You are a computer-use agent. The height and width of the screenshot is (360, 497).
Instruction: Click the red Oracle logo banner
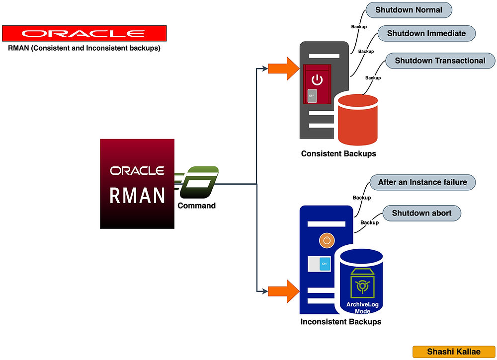pos(84,34)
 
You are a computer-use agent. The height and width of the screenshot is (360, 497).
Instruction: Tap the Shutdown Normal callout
pos(409,10)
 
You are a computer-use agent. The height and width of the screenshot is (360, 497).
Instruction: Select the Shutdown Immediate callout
pos(426,34)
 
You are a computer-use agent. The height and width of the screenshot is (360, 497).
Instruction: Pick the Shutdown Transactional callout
pos(439,61)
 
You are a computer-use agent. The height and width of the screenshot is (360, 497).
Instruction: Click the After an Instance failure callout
pos(422,182)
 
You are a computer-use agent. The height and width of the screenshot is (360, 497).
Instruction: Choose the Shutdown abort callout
pos(421,213)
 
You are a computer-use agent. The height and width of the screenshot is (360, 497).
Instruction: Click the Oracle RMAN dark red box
pos(137,184)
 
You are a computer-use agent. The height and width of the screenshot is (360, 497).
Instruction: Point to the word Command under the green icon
pos(197,205)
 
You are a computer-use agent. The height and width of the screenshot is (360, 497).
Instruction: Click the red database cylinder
pos(357,119)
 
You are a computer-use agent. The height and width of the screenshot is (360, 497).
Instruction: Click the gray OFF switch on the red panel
pos(312,95)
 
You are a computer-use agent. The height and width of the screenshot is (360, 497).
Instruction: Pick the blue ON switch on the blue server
pos(324,264)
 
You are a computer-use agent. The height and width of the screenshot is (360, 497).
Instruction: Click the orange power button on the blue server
pos(327,241)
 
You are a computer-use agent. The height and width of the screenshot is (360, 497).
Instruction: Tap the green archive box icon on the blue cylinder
pos(361,283)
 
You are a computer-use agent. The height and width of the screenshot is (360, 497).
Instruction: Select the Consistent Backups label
pos(338,153)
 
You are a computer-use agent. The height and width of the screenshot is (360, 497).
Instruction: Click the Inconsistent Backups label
pos(340,322)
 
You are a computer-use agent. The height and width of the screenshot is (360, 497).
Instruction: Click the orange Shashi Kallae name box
pos(454,352)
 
